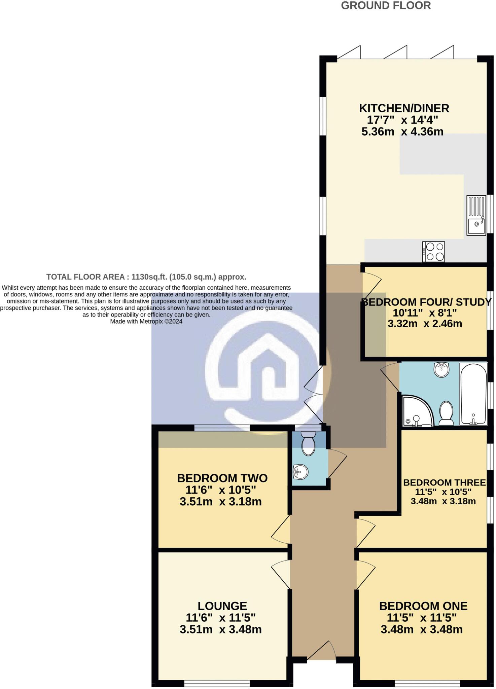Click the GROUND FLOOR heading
pos(386,6)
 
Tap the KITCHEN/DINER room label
pos(404,108)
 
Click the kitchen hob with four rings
pos(434,252)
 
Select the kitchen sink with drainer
pos(476,215)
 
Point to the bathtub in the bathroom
pos(473,394)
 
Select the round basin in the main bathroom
pos(442,370)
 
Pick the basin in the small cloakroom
pos(300,472)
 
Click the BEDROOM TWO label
pos(222,478)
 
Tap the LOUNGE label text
pos(222,606)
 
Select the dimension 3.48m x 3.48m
pos(422,629)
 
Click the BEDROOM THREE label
pos(444,483)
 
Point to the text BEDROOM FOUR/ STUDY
pos(426,302)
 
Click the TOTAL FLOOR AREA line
pos(146,277)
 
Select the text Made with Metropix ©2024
pos(146,321)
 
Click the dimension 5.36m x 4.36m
pos(402,132)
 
